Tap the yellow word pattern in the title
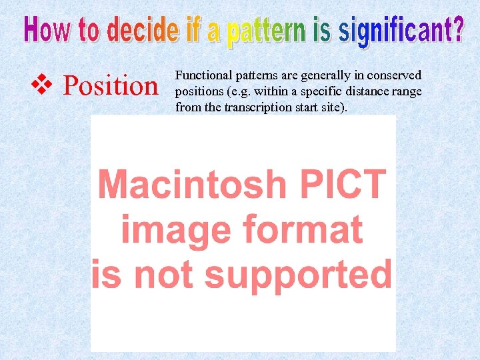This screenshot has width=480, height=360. (x=264, y=33)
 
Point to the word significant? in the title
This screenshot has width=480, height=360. (x=401, y=31)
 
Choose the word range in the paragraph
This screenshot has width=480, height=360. (x=407, y=91)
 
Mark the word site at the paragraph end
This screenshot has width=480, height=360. (x=332, y=106)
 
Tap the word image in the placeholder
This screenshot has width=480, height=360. (x=174, y=231)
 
